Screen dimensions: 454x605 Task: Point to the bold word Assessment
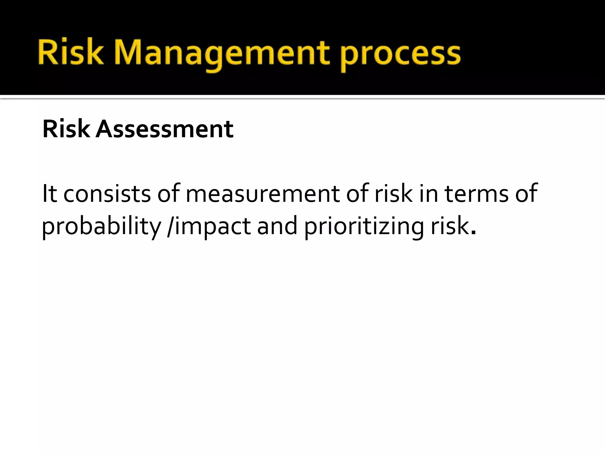[x=165, y=129]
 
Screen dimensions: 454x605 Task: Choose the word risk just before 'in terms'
[x=393, y=193]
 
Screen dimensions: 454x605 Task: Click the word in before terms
[x=428, y=193]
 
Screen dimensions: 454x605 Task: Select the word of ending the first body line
[x=526, y=193]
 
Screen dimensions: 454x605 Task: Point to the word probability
[x=101, y=226]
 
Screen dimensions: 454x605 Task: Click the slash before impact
[x=170, y=226]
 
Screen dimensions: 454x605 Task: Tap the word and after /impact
[x=277, y=226]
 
